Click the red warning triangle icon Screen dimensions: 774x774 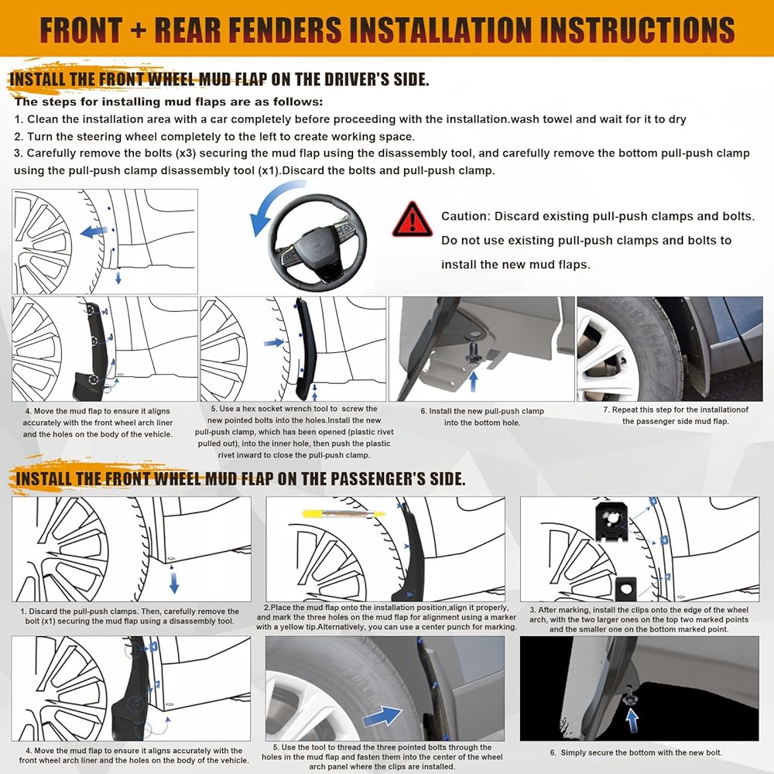point(413,219)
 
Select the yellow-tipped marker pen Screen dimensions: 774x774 point(344,514)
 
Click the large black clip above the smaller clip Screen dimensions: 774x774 point(612,521)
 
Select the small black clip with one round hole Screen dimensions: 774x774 point(625,588)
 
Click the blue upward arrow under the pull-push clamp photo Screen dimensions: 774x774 point(474,381)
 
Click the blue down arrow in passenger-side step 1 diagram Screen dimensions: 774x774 point(173,580)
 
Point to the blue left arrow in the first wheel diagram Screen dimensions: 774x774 point(94,231)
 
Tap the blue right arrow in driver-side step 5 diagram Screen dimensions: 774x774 point(274,342)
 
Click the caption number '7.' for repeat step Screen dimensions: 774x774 point(606,409)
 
